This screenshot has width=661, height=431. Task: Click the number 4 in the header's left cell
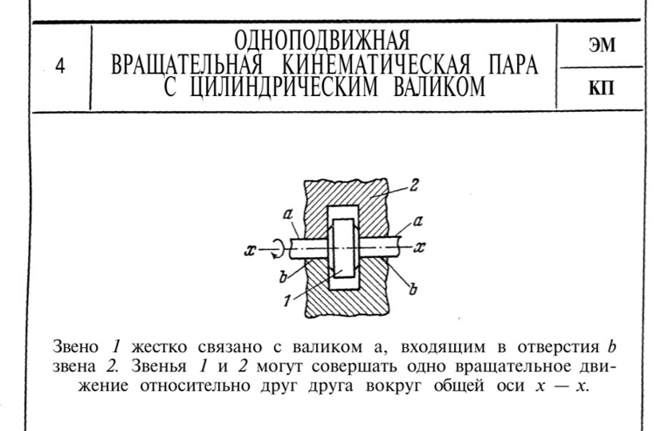(x=61, y=66)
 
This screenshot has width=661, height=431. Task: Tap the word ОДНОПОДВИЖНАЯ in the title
(x=322, y=41)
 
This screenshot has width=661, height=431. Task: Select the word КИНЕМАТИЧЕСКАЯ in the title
(x=376, y=66)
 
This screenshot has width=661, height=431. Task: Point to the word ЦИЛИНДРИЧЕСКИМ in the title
(x=284, y=87)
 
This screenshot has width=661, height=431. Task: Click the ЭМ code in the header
(x=602, y=45)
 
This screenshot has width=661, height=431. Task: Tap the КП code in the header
(x=602, y=87)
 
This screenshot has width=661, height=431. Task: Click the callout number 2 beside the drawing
(x=414, y=184)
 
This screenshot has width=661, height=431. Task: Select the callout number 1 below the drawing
(x=287, y=301)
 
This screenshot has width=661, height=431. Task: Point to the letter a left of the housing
(x=287, y=215)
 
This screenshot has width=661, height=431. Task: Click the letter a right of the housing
(x=417, y=220)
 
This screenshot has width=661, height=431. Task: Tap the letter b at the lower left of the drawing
(x=283, y=276)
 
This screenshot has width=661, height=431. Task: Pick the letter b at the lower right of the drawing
(x=414, y=289)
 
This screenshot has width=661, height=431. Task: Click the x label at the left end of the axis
(x=251, y=250)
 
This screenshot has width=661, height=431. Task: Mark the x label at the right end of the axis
(x=419, y=247)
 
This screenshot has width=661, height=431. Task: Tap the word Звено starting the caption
(x=75, y=347)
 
